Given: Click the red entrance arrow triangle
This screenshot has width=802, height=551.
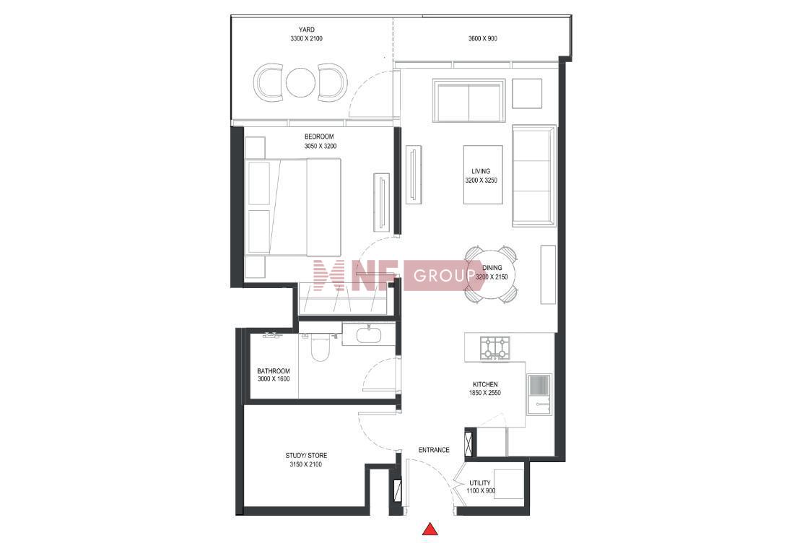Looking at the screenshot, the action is click(x=430, y=529).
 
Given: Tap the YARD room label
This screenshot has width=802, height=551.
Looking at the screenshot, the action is click(x=307, y=30).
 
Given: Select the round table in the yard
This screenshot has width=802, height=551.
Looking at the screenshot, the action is click(x=299, y=82).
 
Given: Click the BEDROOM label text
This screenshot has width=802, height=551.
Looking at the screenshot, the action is click(x=319, y=136).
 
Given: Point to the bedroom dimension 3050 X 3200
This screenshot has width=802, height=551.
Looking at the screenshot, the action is click(x=321, y=147).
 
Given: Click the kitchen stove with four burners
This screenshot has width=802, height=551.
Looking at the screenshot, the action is click(x=494, y=347).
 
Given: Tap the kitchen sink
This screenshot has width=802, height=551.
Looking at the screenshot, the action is click(x=540, y=394).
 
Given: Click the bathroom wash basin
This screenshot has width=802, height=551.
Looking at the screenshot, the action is click(x=369, y=336).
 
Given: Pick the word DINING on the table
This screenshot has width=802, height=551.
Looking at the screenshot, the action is click(x=492, y=268).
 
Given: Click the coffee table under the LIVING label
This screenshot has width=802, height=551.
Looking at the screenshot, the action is click(x=483, y=175).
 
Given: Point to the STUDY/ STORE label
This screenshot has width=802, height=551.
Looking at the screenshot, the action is click(x=306, y=456).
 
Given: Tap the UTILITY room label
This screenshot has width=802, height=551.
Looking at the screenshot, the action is click(x=480, y=483).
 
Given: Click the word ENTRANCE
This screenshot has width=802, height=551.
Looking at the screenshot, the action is click(x=435, y=450).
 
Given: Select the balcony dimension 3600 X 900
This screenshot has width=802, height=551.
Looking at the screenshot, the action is click(x=483, y=38).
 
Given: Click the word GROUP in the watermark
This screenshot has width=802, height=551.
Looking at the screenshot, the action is click(x=443, y=277).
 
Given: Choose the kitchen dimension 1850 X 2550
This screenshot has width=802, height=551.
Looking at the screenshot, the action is click(x=485, y=393).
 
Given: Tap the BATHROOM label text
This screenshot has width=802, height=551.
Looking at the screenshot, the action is click(x=274, y=371).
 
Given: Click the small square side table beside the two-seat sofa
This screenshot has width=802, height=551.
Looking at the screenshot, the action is click(x=527, y=93).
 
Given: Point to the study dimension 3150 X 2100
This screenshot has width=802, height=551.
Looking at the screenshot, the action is click(x=306, y=464).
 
